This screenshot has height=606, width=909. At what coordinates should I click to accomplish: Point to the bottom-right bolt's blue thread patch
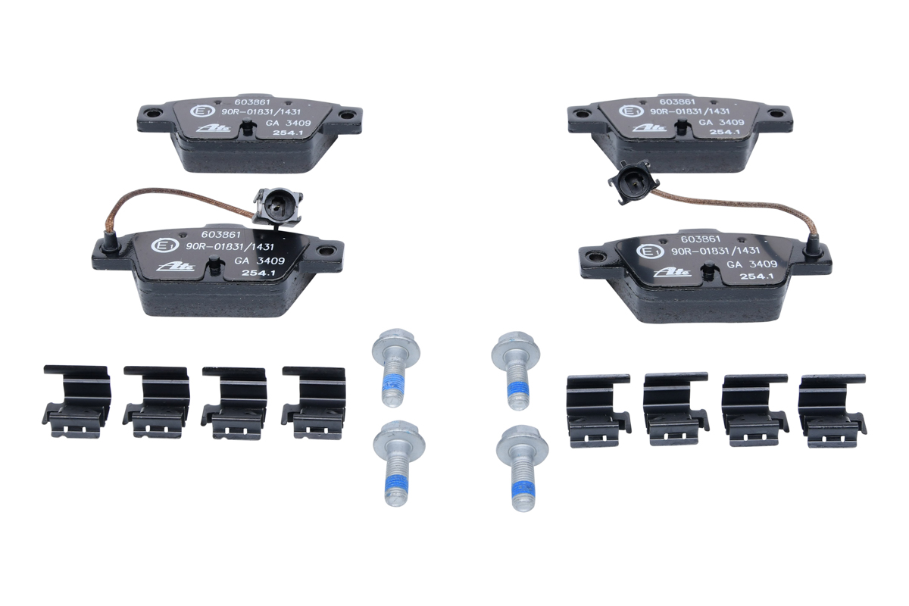pyautogui.click(x=523, y=489)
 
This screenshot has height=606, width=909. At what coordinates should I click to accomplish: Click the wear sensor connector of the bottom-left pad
pyautogui.click(x=278, y=208)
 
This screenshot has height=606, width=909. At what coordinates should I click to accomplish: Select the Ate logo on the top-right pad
pyautogui.click(x=649, y=128)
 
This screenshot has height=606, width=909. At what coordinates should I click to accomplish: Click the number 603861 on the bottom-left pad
pyautogui.click(x=220, y=235)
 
